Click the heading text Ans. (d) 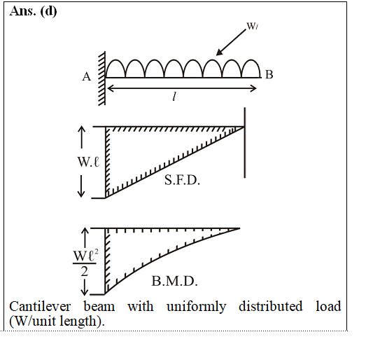point(33,11)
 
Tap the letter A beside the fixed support point(87,76)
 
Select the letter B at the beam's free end point(269,74)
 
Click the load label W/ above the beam point(253,26)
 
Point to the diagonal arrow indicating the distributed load point(231,42)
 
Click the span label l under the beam point(174,97)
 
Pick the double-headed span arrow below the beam point(182,88)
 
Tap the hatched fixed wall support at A point(102,78)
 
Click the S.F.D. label point(182,180)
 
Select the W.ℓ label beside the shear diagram point(88,162)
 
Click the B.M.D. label point(174,281)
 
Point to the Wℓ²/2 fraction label point(85,263)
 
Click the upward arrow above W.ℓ point(82,137)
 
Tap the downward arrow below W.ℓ point(81,186)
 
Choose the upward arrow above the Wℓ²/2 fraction point(85,237)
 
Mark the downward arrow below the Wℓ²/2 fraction point(84,286)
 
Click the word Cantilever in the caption point(40,306)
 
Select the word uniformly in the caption point(196,307)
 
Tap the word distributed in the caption point(270,306)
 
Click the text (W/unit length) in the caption point(57,321)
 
